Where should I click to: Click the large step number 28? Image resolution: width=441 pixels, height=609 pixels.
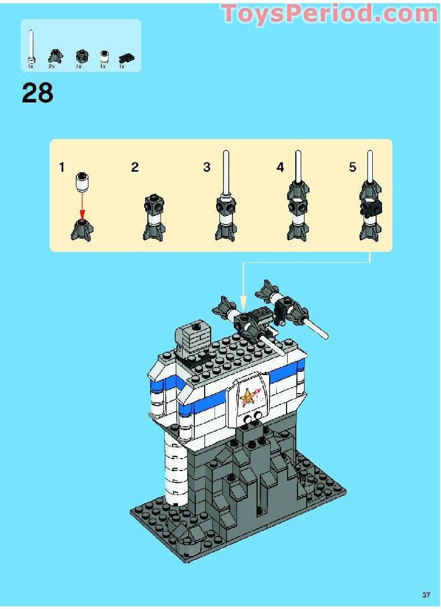click(x=38, y=93)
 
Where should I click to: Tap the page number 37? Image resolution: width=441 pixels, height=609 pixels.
click(x=427, y=594)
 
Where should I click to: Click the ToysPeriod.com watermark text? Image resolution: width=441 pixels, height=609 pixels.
click(x=330, y=14)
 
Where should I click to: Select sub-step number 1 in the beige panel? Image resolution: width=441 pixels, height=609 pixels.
click(x=62, y=167)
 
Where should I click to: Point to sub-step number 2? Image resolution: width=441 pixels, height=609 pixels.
click(x=135, y=167)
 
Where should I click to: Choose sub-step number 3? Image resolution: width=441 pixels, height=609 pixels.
click(x=207, y=167)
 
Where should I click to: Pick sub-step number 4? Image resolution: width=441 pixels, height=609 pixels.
click(x=280, y=167)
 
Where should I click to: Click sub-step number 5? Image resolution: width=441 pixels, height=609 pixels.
click(x=353, y=167)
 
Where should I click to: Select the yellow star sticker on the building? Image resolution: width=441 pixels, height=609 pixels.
click(x=248, y=397)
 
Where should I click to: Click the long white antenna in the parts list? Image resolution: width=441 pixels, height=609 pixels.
click(x=32, y=46)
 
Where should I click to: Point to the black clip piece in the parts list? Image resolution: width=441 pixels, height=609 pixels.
click(x=127, y=57)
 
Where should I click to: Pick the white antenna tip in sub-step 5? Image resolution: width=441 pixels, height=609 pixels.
click(x=370, y=164)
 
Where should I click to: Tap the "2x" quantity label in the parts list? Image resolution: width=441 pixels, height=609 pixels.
click(x=51, y=67)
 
